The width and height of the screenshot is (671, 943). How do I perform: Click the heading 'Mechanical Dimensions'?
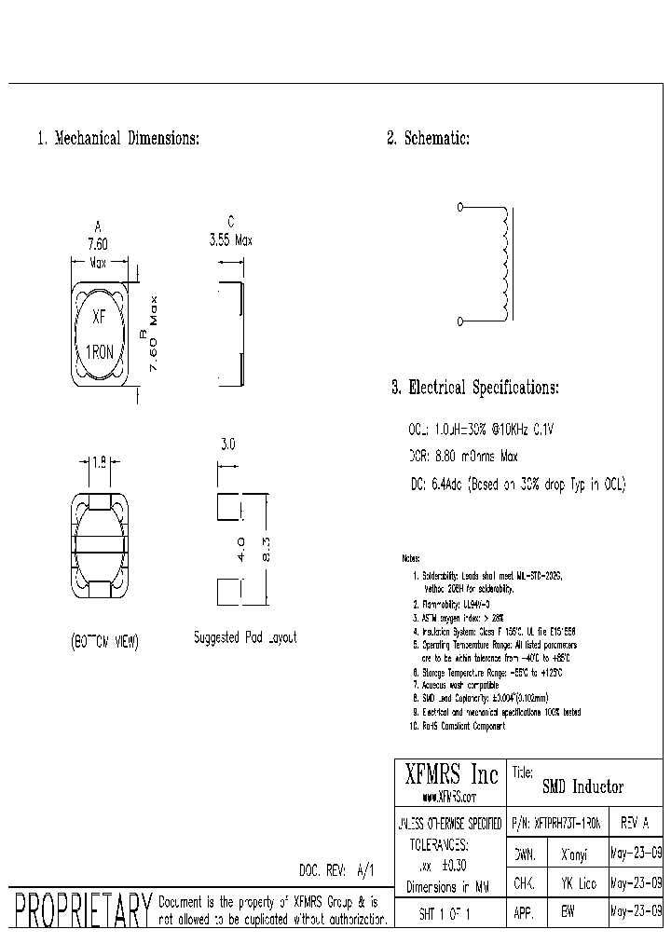118,139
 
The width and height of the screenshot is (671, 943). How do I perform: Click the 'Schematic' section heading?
428,139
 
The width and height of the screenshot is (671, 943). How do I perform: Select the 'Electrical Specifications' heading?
474,387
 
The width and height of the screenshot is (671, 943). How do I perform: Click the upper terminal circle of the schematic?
460,207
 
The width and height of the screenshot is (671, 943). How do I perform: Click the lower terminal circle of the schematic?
460,321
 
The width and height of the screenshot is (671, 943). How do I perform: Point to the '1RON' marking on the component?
101,351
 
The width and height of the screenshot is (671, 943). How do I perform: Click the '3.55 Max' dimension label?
230,239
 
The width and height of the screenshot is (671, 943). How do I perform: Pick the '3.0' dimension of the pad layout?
228,445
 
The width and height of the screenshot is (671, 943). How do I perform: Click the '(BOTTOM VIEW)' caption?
104,641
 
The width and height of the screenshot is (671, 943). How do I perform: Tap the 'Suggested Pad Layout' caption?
245,638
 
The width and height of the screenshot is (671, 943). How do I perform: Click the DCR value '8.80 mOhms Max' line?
463,457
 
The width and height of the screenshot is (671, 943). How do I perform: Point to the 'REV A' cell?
633,824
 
